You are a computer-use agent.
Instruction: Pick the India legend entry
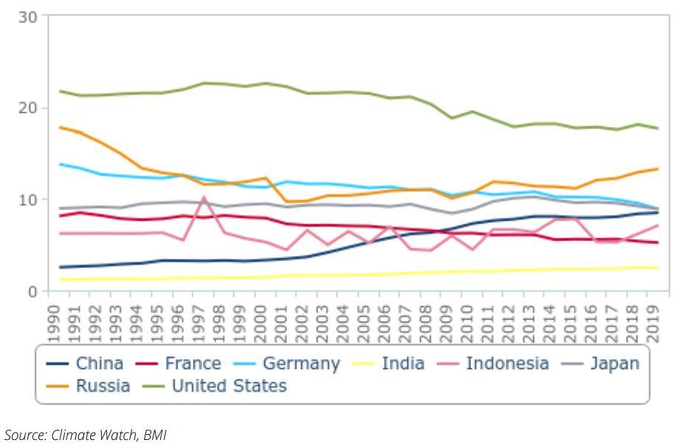(x=391, y=363)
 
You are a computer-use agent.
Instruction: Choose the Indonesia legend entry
(x=495, y=363)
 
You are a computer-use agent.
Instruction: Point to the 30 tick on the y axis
(x=28, y=16)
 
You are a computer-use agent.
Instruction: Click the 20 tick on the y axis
(x=28, y=108)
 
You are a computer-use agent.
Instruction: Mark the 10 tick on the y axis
(x=28, y=199)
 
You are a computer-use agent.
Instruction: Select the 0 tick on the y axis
(x=33, y=291)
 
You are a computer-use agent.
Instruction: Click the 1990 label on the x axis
(x=54, y=322)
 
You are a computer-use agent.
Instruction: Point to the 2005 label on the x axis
(x=363, y=322)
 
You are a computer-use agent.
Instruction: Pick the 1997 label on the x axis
(x=199, y=322)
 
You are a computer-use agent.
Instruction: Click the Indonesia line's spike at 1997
(x=204, y=197)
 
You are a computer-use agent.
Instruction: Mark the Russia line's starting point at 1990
(x=59, y=127)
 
